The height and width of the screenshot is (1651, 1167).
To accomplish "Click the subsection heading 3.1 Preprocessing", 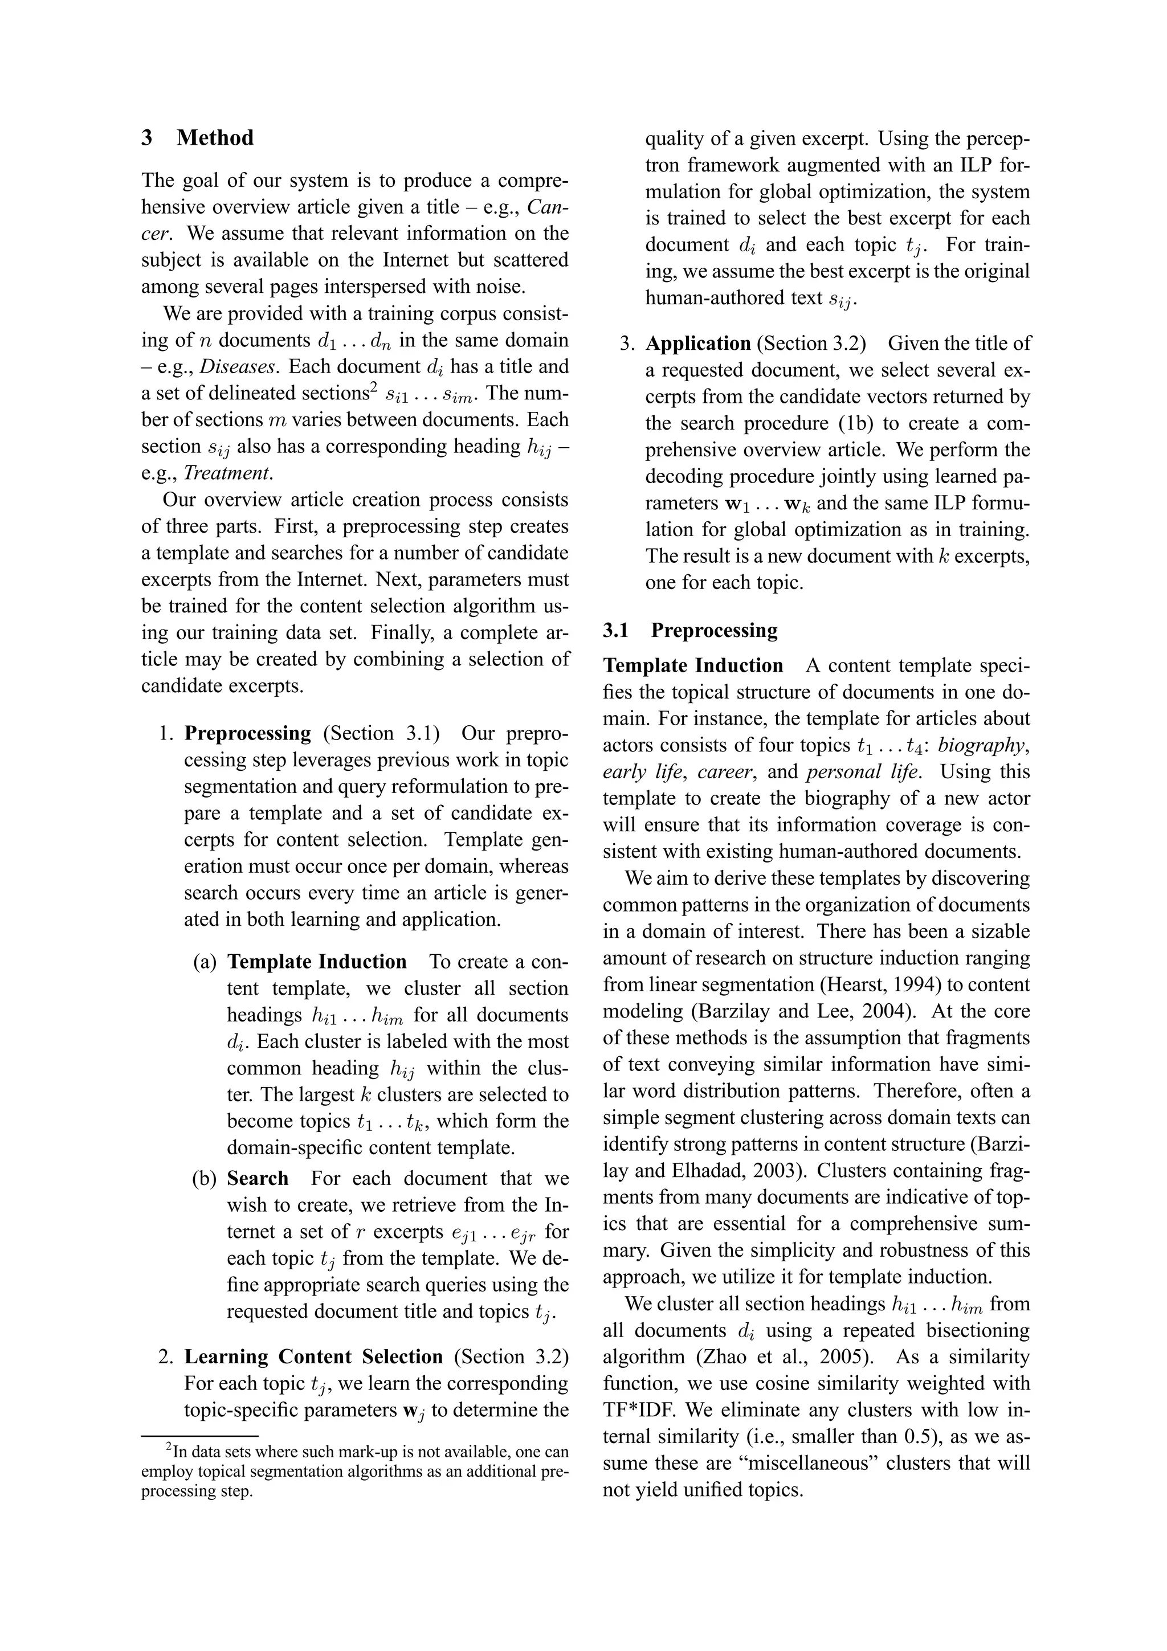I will pyautogui.click(x=689, y=631).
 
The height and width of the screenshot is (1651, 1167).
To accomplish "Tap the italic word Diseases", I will pyautogui.click(x=237, y=367).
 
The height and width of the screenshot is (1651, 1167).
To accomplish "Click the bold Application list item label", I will pyautogui.click(x=697, y=344).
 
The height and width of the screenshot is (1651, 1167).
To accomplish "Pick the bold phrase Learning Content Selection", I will pyautogui.click(x=313, y=1357).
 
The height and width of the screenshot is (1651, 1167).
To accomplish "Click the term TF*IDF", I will pyautogui.click(x=635, y=1410).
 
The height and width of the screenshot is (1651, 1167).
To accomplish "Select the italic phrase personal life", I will pyautogui.click(x=863, y=773).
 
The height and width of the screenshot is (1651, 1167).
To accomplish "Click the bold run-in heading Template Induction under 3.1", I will pyautogui.click(x=693, y=666).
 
